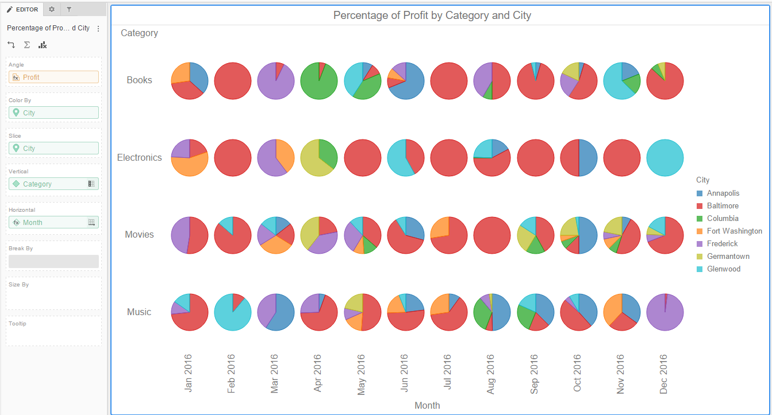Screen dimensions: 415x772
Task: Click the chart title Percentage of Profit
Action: (x=432, y=15)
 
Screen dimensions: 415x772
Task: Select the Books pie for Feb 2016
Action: (x=233, y=81)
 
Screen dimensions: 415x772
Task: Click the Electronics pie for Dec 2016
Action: (x=665, y=158)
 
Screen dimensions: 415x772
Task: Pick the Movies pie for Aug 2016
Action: (x=492, y=235)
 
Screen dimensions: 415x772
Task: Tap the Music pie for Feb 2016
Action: (x=233, y=312)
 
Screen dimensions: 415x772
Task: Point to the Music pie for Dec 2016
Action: (x=665, y=312)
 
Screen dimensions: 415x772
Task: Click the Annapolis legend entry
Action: (x=723, y=193)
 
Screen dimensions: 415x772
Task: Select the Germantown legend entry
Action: (x=728, y=257)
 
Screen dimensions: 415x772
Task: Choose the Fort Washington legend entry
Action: (x=734, y=231)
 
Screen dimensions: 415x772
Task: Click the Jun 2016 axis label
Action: (x=405, y=373)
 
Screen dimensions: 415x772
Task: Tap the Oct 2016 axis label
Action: (x=578, y=373)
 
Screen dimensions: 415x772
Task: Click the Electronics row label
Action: (x=139, y=158)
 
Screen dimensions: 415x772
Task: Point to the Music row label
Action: (x=139, y=312)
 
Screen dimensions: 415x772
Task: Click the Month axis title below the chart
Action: (x=427, y=405)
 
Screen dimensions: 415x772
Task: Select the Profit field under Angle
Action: (x=53, y=77)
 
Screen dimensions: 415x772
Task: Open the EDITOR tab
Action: (x=22, y=9)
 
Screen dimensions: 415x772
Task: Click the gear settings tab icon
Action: (x=52, y=9)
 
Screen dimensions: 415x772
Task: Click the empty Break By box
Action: (x=53, y=261)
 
